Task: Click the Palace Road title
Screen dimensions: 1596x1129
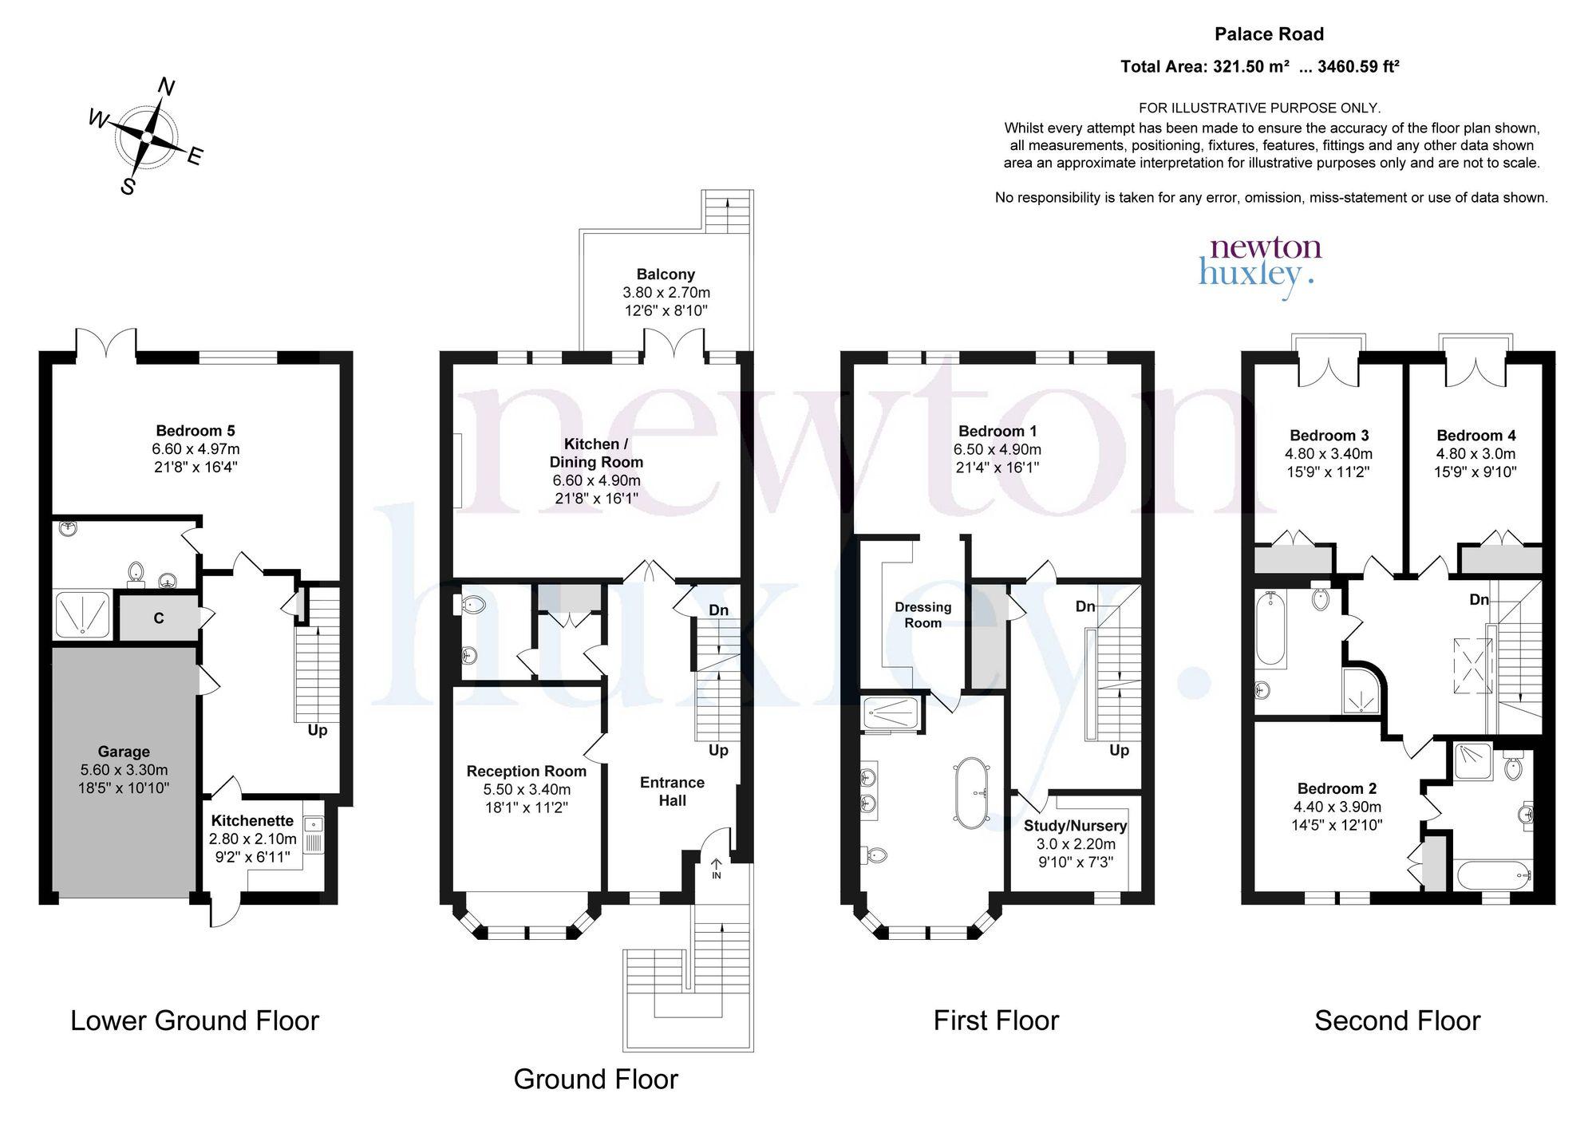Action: click(1269, 34)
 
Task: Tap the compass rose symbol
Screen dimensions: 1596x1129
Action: click(147, 137)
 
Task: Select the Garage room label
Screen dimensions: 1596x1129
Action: click(124, 752)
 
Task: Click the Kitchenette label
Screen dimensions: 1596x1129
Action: click(252, 820)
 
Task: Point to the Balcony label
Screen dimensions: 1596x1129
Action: click(666, 274)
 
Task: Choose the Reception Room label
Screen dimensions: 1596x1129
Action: click(527, 771)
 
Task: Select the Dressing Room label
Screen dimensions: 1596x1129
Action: click(922, 615)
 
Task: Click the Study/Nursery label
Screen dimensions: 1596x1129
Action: click(1075, 826)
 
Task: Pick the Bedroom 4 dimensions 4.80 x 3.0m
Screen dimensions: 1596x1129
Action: click(1476, 454)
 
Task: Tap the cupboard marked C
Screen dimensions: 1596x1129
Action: click(159, 618)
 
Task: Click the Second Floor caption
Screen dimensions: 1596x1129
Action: click(1397, 1020)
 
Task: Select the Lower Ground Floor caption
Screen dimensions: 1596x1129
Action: click(195, 1020)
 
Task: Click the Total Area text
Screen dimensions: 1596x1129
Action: click(1260, 67)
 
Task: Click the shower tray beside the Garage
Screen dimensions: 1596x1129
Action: click(83, 614)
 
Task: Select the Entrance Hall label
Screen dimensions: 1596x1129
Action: click(672, 791)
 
